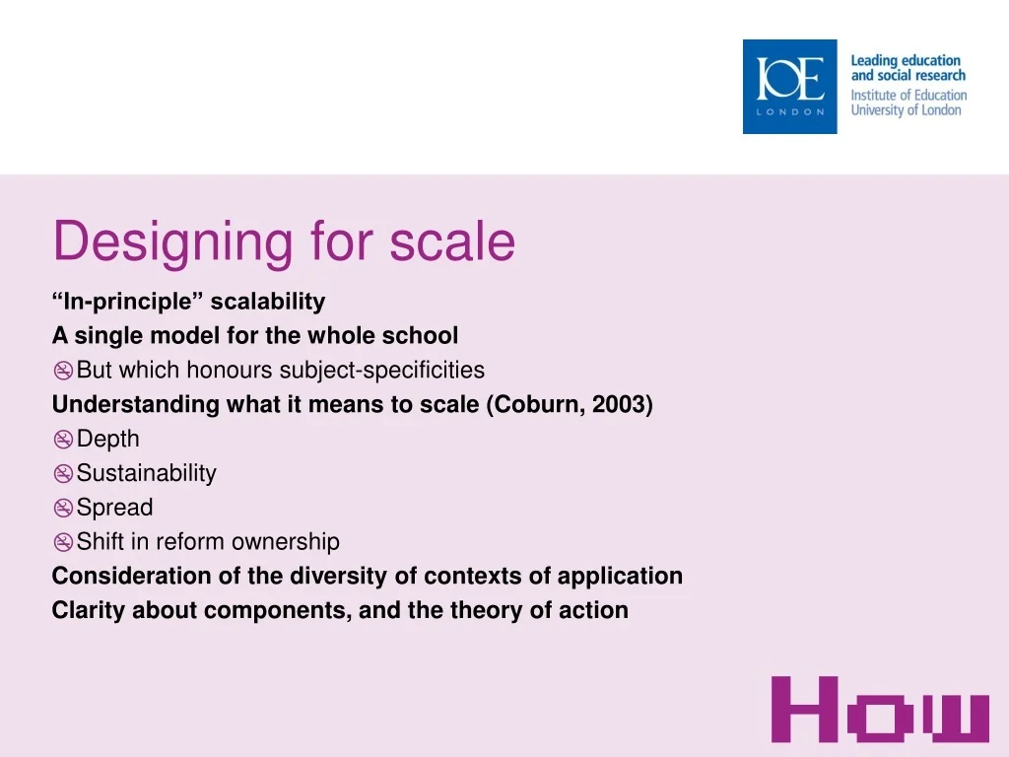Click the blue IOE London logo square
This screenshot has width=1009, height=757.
point(789,87)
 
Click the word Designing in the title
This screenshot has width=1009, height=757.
point(172,242)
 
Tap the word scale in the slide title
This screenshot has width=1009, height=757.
point(451,241)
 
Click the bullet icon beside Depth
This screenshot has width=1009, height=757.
point(63,440)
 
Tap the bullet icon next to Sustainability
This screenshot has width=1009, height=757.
point(63,474)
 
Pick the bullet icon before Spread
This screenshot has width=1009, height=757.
point(63,508)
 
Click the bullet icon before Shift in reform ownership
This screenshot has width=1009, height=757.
point(63,542)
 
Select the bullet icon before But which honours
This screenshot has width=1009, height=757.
point(63,371)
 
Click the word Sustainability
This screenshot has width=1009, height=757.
point(147,473)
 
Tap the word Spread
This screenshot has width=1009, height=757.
point(114,508)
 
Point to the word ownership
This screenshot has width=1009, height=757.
point(285,542)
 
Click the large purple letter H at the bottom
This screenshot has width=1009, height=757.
point(805,710)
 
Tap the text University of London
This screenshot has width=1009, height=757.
point(907,110)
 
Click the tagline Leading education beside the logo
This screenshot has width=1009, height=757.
point(906,60)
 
